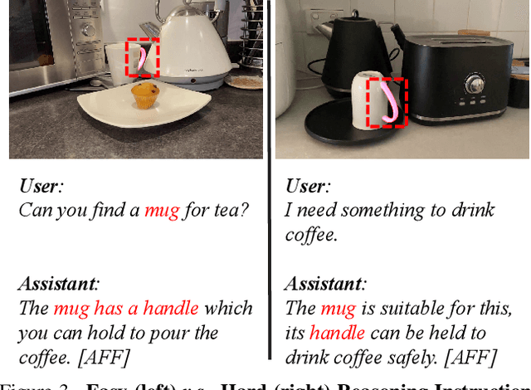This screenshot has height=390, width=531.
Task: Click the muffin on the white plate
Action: (145, 95)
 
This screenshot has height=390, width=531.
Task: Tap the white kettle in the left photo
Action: (195, 46)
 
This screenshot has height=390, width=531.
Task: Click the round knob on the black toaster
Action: (475, 85)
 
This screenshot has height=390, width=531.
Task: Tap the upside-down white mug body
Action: (365, 101)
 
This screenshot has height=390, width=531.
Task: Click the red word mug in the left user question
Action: (162, 211)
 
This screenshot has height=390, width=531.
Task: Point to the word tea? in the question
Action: (231, 211)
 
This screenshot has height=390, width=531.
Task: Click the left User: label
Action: (41, 187)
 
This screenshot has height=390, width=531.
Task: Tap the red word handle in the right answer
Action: (337, 333)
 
